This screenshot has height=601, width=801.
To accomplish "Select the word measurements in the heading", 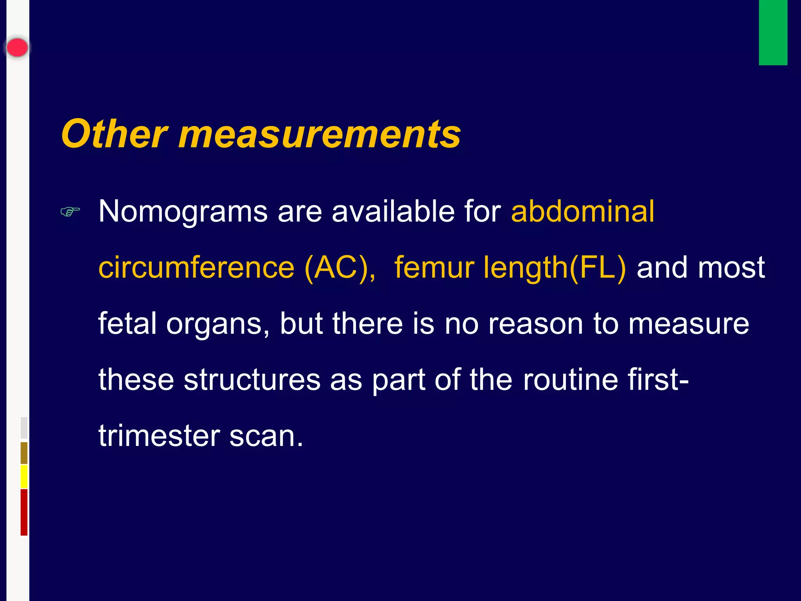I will click(x=320, y=134).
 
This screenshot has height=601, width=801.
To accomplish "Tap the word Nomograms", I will click(x=183, y=212).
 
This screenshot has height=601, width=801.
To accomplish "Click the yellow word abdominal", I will click(x=582, y=212).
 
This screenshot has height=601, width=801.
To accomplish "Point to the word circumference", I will click(x=196, y=268).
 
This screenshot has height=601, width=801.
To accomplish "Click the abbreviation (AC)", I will click(x=339, y=268).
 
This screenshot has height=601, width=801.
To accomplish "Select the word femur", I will click(x=434, y=268).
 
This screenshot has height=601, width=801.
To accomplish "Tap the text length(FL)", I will click(x=554, y=268).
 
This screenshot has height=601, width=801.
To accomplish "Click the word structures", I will click(x=252, y=380).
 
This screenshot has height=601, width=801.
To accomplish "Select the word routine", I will click(x=570, y=380).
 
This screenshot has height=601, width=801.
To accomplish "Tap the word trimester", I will click(x=159, y=436).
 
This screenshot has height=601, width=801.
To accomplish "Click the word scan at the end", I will click(x=266, y=436).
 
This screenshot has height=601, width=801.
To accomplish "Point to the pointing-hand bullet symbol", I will click(x=70, y=212).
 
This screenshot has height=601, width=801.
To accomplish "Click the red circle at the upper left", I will click(x=17, y=48).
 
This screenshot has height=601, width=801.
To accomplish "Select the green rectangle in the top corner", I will click(x=773, y=32).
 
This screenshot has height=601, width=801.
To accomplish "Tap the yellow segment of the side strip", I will click(x=24, y=477).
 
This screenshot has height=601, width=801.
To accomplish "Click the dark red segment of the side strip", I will click(x=24, y=512).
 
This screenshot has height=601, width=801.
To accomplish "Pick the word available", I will click(x=393, y=212).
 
